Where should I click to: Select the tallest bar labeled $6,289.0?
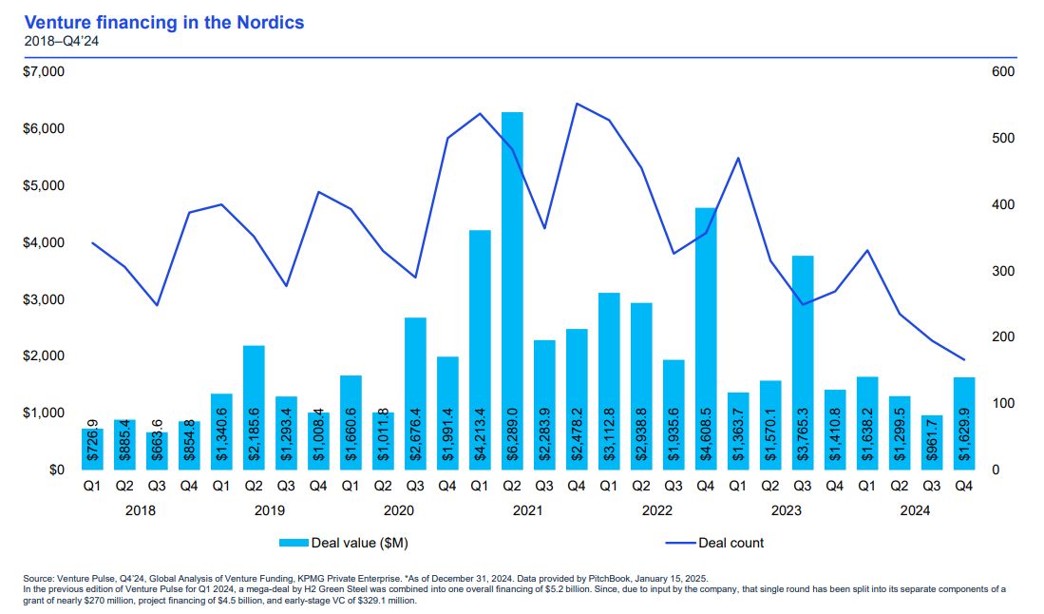[512, 285]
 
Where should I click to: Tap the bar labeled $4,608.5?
[706, 333]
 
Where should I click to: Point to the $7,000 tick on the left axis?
[43, 72]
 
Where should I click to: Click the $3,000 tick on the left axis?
[43, 299]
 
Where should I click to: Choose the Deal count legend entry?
[731, 543]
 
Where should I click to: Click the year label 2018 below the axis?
[140, 510]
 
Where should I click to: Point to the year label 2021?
[528, 510]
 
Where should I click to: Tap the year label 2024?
[915, 510]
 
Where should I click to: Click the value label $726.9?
[92, 441]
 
